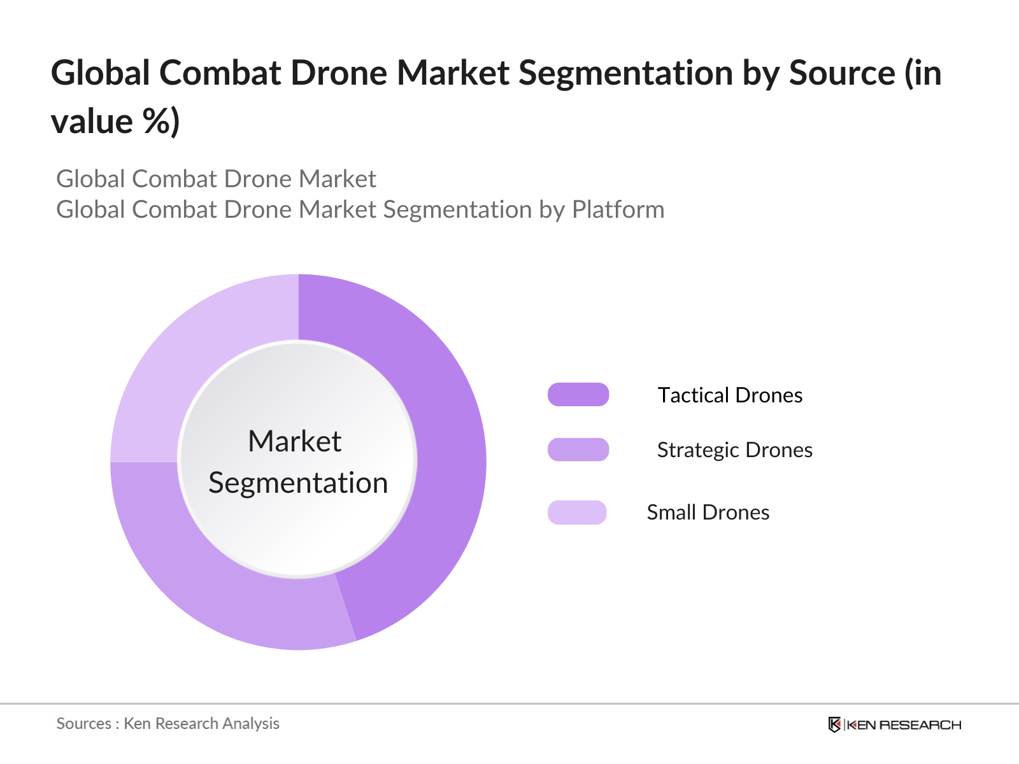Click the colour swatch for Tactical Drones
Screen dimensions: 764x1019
pos(578,395)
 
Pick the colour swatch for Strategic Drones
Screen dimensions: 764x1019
pos(578,449)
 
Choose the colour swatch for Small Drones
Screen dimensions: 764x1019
pos(577,513)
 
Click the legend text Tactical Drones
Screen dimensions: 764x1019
pos(730,395)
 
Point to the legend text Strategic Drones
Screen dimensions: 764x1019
pos(735,450)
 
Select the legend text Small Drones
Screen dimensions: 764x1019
pos(708,513)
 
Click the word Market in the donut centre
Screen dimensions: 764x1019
pos(295,441)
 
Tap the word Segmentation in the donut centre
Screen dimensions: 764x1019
pos(298,483)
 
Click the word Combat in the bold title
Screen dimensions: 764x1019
pos(220,73)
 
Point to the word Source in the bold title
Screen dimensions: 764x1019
pos(842,73)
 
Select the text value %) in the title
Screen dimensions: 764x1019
pos(115,122)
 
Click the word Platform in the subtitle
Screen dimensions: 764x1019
pos(618,209)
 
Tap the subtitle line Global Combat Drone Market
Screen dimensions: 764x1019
pos(216,179)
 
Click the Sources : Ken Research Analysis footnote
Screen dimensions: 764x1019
pos(168,723)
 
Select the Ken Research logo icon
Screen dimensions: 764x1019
pos(834,725)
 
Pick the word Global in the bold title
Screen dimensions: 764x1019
pos(100,73)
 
